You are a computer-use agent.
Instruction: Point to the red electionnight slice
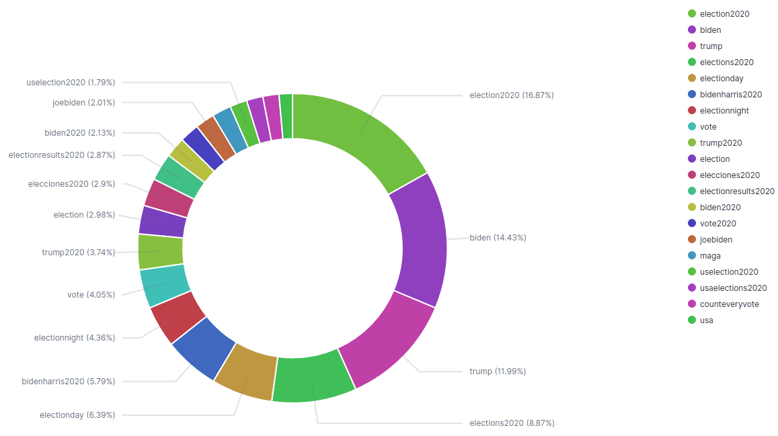(176, 316)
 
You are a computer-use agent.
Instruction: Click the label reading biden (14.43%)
(498, 238)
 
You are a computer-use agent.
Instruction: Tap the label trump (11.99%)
(497, 372)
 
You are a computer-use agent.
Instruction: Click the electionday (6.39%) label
(77, 415)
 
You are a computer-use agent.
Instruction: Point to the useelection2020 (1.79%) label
(71, 83)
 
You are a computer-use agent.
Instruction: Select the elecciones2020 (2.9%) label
(71, 184)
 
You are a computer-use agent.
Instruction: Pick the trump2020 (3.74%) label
(78, 253)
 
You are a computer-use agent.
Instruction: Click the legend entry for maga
(710, 256)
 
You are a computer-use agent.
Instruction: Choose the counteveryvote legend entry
(729, 304)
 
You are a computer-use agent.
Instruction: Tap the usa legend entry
(706, 320)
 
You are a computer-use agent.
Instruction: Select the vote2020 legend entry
(717, 224)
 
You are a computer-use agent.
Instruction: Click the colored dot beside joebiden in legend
(691, 240)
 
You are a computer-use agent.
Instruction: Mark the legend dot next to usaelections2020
(691, 288)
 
